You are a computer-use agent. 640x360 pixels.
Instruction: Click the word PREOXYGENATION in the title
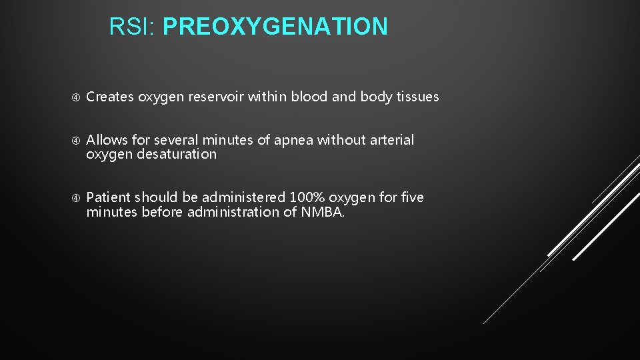[275, 27]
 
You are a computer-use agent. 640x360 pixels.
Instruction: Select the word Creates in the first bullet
[110, 97]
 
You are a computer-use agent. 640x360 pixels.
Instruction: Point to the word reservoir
[218, 97]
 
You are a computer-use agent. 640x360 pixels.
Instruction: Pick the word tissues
[418, 97]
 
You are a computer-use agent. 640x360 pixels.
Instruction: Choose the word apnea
[293, 141]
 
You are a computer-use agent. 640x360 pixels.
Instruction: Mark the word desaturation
[177, 155]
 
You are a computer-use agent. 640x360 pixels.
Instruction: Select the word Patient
[109, 198]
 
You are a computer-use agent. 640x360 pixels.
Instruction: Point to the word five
[411, 198]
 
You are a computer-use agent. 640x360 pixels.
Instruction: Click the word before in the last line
[159, 213]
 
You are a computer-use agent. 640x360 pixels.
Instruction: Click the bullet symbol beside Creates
[76, 97]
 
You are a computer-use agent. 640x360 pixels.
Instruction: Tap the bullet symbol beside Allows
[76, 141]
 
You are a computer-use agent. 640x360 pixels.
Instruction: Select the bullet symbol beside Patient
[76, 198]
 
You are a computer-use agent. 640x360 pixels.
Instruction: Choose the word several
[176, 141]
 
